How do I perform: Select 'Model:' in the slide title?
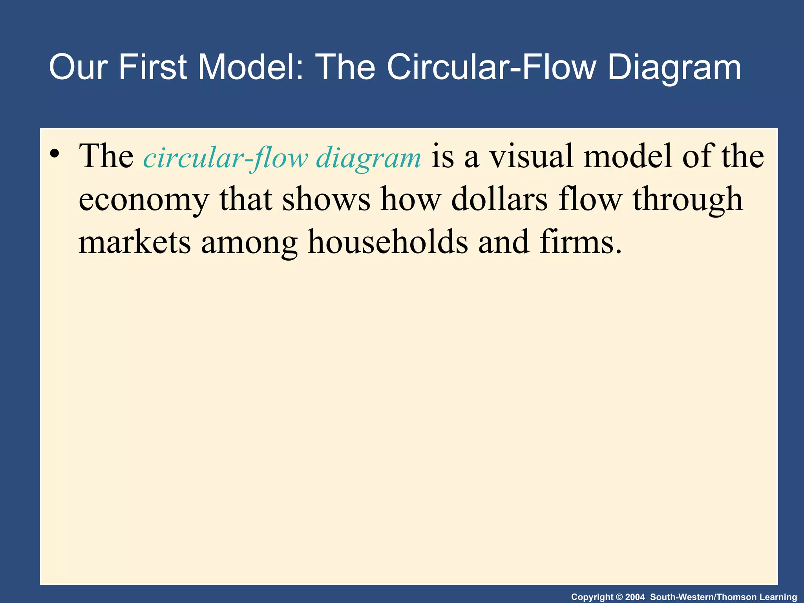pos(251,68)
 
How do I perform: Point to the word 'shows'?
pos(326,199)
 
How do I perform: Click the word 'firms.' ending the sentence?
pos(581,242)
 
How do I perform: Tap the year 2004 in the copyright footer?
pos(635,597)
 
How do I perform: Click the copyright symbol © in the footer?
pos(619,597)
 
